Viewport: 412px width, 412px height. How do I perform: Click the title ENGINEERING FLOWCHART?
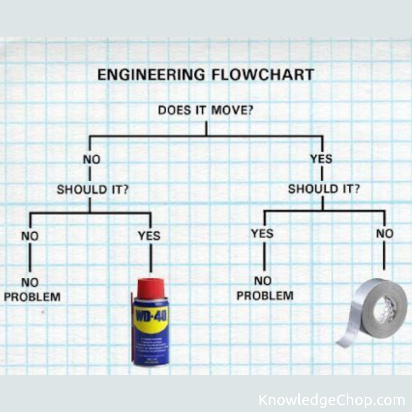pyautogui.click(x=206, y=74)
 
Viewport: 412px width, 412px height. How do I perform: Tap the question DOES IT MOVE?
pyautogui.click(x=206, y=111)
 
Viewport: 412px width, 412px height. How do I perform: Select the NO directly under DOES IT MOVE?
pyautogui.click(x=92, y=159)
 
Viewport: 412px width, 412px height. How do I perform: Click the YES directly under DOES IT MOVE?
pyautogui.click(x=321, y=158)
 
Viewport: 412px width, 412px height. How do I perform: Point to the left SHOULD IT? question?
pyautogui.click(x=92, y=189)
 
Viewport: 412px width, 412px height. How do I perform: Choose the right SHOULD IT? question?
pyautogui.click(x=323, y=189)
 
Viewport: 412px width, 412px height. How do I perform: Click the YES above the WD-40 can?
pyautogui.click(x=149, y=236)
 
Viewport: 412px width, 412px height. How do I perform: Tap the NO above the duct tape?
pyautogui.click(x=385, y=233)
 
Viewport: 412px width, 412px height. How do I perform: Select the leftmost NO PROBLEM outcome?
pyautogui.click(x=32, y=290)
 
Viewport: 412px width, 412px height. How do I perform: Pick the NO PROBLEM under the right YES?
pyautogui.click(x=265, y=288)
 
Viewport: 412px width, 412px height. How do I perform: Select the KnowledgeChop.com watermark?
pyautogui.click(x=332, y=401)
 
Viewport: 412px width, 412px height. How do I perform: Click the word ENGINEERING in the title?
pyautogui.click(x=151, y=74)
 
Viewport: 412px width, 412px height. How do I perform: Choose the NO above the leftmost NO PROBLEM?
pyautogui.click(x=30, y=236)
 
